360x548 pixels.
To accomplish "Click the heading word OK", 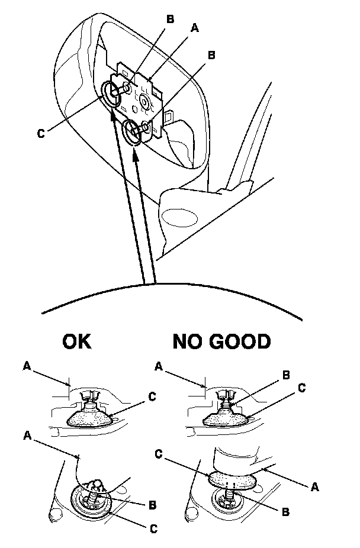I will (76, 342).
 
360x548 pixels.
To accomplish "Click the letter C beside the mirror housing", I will (40, 133).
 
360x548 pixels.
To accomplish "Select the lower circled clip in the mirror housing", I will (133, 130).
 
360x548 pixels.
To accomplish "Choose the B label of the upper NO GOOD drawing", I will (287, 375).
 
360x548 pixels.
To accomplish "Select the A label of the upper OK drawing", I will (27, 366).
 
